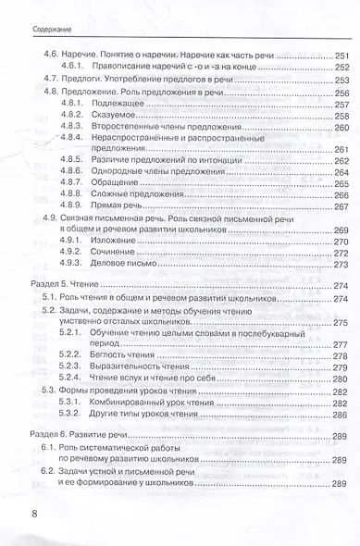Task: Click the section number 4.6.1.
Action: tap(73, 68)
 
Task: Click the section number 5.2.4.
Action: tap(73, 379)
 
